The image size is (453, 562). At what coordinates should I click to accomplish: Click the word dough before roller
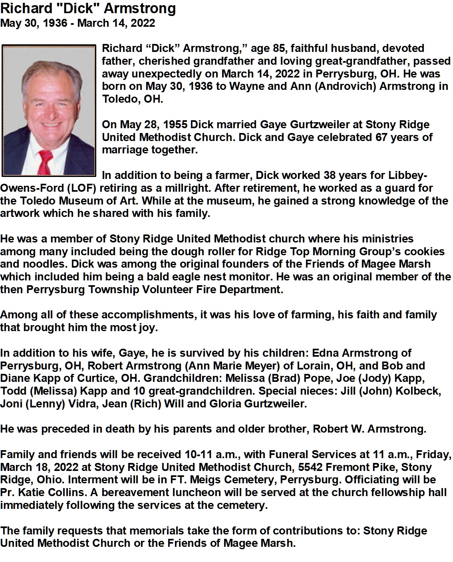tap(182, 252)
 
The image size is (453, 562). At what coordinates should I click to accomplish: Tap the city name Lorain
tap(313, 366)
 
